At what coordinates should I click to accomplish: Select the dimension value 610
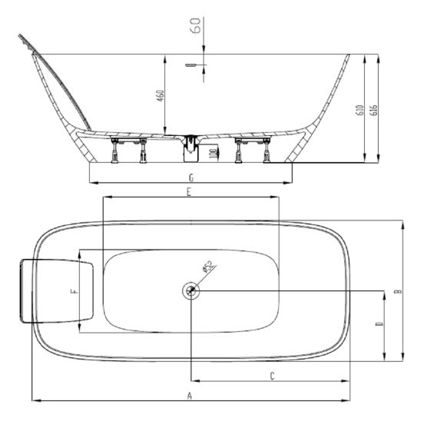[x=359, y=109]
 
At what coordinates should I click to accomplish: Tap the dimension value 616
[x=373, y=109]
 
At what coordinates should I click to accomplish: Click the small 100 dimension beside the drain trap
[x=213, y=153]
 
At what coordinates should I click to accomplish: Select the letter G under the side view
[x=191, y=177]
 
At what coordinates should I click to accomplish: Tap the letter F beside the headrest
[x=74, y=292]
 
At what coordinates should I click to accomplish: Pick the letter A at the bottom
[x=189, y=395]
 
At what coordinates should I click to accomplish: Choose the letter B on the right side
[x=396, y=291]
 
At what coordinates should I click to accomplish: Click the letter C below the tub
[x=273, y=375]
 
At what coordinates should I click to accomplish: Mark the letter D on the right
[x=379, y=326]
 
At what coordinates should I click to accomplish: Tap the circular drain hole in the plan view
[x=191, y=290]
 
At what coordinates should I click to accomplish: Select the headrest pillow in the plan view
[x=58, y=291]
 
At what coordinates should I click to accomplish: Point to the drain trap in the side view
[x=188, y=147]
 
